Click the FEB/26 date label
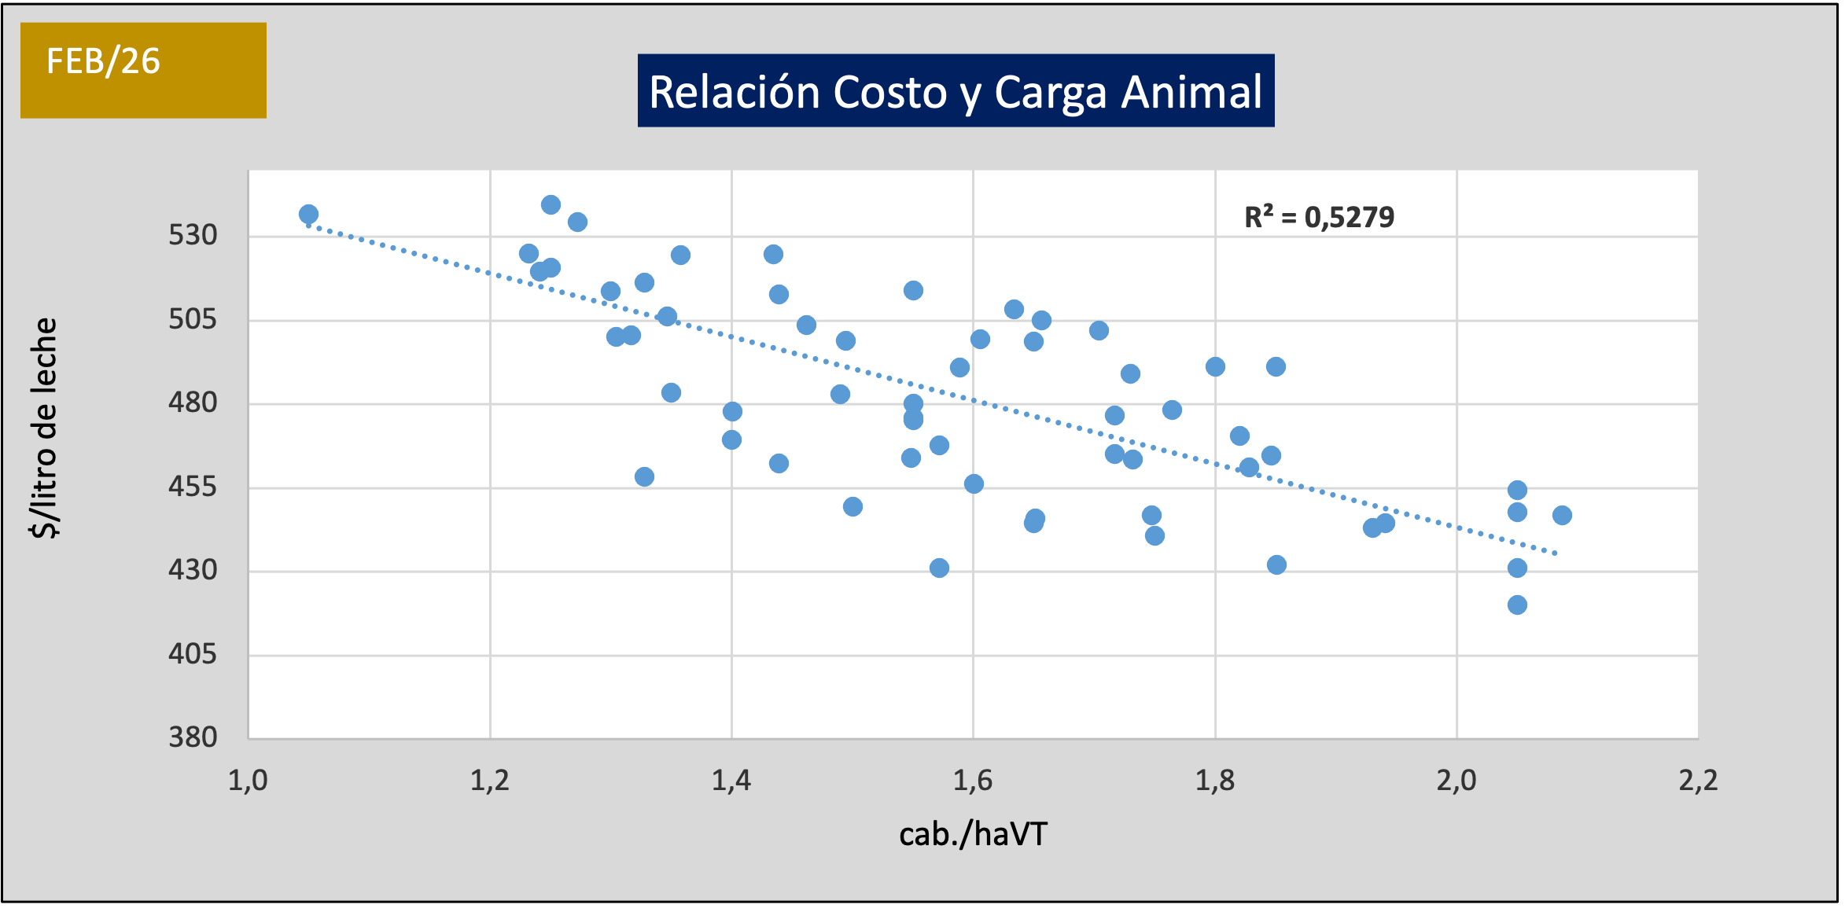click(x=103, y=61)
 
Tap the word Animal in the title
click(x=1191, y=92)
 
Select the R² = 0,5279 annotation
click(x=1319, y=217)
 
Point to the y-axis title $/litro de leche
click(x=45, y=428)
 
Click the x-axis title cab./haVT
click(x=973, y=834)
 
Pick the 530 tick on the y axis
click(x=193, y=235)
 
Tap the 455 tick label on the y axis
click(x=193, y=487)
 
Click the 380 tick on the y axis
click(x=193, y=737)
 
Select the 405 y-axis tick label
click(x=193, y=653)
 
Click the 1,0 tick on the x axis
click(x=248, y=781)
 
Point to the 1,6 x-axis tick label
click(x=973, y=781)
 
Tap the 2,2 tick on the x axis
click(x=1698, y=781)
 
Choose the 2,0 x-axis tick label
click(x=1456, y=781)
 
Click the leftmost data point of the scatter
click(x=308, y=214)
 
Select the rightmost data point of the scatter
click(x=1562, y=515)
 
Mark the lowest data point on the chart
click(x=1517, y=605)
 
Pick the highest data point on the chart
click(x=551, y=204)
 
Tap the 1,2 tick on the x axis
click(x=490, y=781)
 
